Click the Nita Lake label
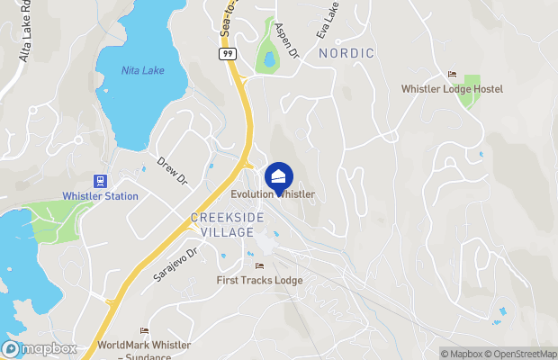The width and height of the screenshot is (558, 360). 143,71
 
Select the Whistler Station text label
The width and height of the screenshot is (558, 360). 100,196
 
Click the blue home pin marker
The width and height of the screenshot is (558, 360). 279,176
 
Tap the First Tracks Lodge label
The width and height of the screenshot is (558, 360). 259,281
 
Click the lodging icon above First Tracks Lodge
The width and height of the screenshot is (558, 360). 259,265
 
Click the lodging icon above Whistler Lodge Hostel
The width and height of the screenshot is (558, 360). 452,74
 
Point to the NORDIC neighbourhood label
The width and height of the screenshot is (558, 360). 346,54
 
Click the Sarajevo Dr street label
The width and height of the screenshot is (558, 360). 175,264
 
